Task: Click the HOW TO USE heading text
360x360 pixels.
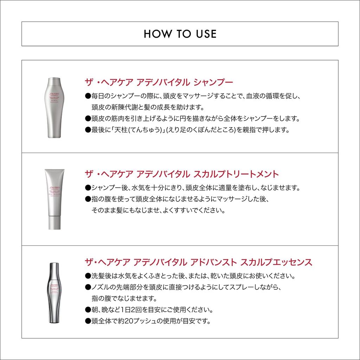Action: pyautogui.click(x=180, y=34)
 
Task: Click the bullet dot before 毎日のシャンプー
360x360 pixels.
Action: pyautogui.click(x=88, y=96)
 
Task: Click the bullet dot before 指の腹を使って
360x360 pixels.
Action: pyautogui.click(x=88, y=199)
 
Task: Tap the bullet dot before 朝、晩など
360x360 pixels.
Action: pyautogui.click(x=88, y=310)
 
